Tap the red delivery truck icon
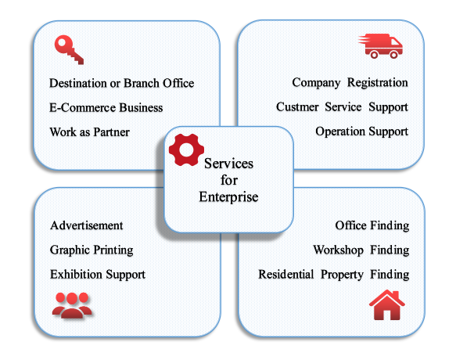coord(381,46)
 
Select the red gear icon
coord(186,149)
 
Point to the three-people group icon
coord(72,304)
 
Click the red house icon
coord(387,305)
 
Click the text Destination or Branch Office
coord(121,83)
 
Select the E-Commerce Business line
coord(106,108)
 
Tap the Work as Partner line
coord(90,132)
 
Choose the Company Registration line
coord(350,83)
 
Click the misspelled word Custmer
coord(297,106)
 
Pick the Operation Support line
coord(362,131)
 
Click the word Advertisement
coord(86,225)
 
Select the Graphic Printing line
coord(92,250)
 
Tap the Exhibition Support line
coord(98,275)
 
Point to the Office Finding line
coord(372,226)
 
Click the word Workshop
coord(338,250)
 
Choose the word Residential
coord(286,275)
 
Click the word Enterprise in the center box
coord(228,197)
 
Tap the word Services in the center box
coord(228,164)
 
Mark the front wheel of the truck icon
coord(393,55)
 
